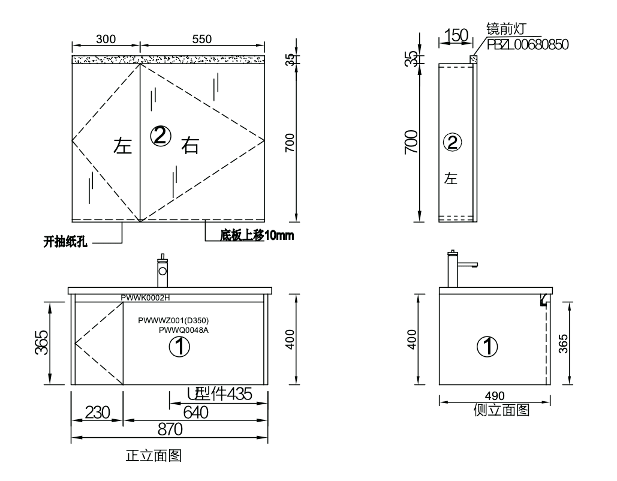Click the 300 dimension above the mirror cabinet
pyautogui.click(x=106, y=39)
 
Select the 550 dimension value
pyautogui.click(x=202, y=39)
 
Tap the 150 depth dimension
pyautogui.click(x=456, y=35)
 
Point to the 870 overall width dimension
pyautogui.click(x=170, y=429)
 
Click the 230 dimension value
pyautogui.click(x=97, y=413)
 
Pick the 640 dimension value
pyautogui.click(x=195, y=413)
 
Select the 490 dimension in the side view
pyautogui.click(x=495, y=396)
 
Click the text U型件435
pyautogui.click(x=219, y=393)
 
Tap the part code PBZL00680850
pyautogui.click(x=528, y=44)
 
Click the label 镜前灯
pyautogui.click(x=505, y=29)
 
